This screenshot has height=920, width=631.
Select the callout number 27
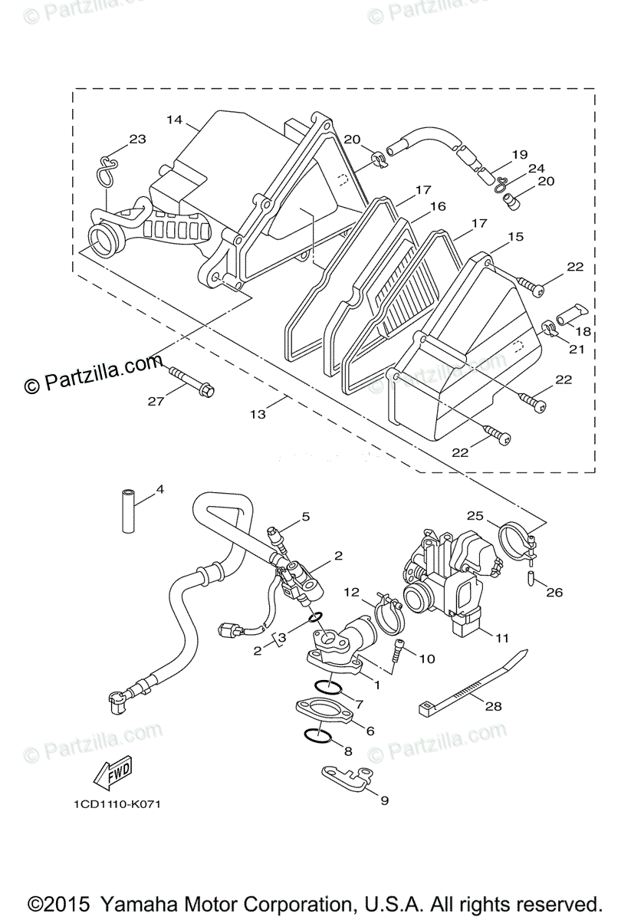click(x=156, y=400)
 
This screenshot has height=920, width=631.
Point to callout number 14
click(x=174, y=120)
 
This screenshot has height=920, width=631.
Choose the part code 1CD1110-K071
click(x=113, y=804)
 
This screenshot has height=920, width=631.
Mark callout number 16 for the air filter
click(x=438, y=206)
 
